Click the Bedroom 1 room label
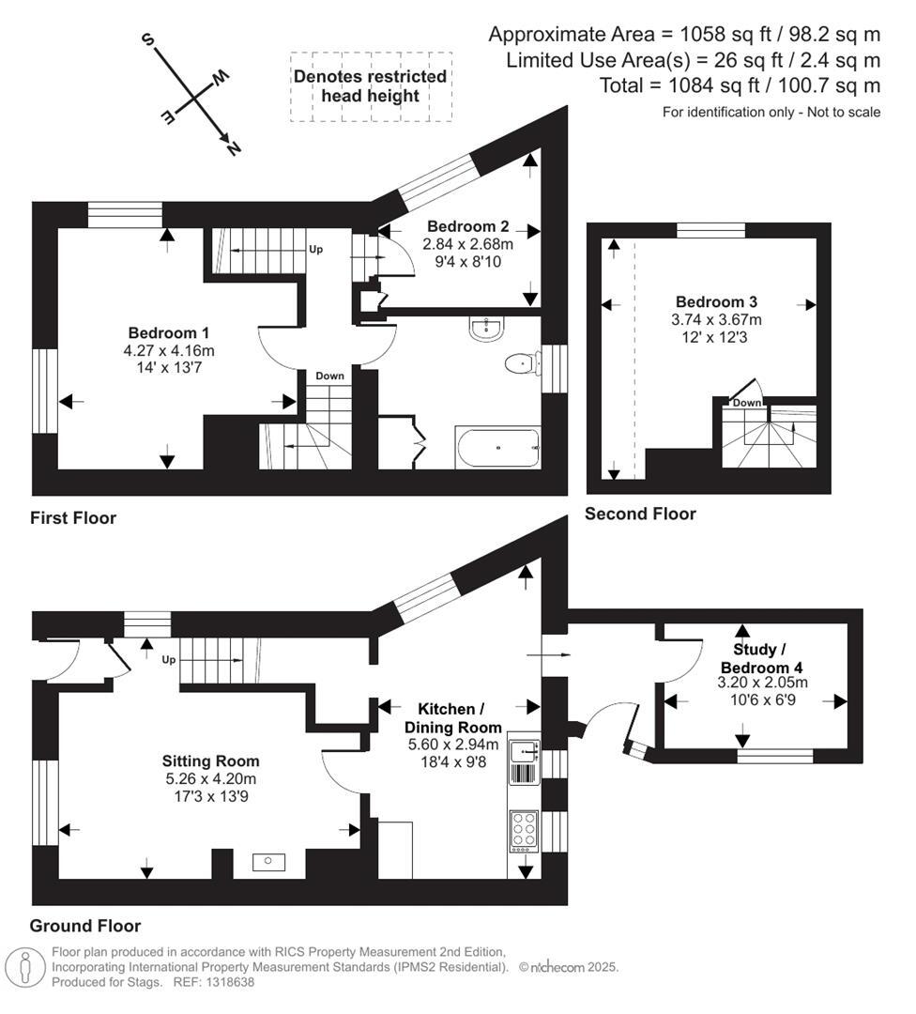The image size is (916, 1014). coord(168,333)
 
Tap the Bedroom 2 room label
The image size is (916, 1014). coord(467,226)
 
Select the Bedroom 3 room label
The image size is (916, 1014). coord(716,302)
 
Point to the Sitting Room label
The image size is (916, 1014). coord(210,760)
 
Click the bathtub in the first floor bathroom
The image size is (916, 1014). coord(497,448)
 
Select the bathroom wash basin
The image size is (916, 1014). coord(486,327)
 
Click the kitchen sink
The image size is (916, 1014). coord(523,750)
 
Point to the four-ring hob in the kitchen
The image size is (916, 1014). coord(523,830)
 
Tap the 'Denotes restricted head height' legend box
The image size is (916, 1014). coord(370,86)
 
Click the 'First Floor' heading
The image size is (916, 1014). coord(73,518)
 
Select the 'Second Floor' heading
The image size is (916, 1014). coord(640,514)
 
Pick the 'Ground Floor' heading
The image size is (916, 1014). coord(85,925)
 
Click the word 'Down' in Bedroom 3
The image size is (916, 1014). coord(747,403)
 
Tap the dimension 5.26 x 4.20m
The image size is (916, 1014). coord(210,778)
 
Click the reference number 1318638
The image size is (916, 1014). coord(225,982)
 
